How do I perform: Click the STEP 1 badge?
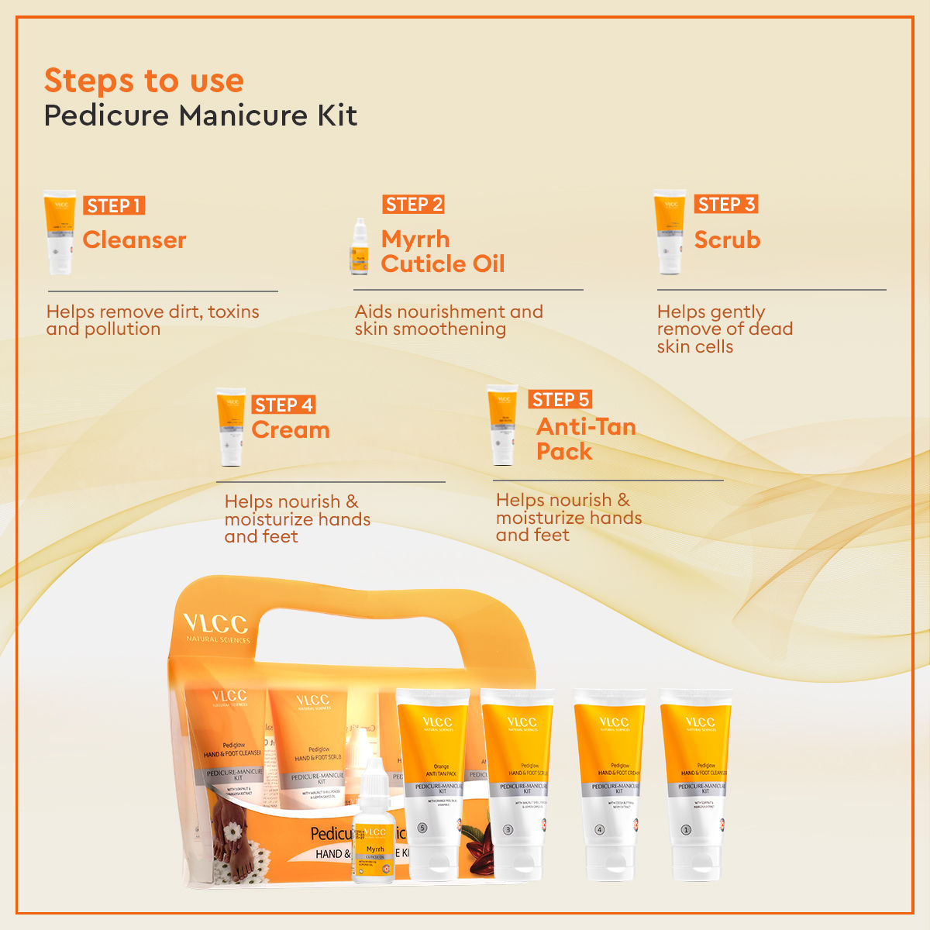(x=114, y=205)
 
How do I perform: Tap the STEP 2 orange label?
(x=414, y=205)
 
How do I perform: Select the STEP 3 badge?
(x=725, y=205)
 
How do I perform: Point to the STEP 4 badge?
(x=284, y=405)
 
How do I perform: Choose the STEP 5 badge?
(x=560, y=399)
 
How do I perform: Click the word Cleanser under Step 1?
(x=134, y=240)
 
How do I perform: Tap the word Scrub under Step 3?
(x=727, y=240)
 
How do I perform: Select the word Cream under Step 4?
(x=291, y=430)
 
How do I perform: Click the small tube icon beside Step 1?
(x=60, y=232)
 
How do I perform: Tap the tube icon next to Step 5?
(x=502, y=425)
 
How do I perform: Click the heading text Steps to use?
(x=144, y=81)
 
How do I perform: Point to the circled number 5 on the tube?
(x=422, y=828)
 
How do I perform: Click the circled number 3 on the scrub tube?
(x=508, y=829)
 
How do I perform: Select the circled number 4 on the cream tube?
(x=599, y=829)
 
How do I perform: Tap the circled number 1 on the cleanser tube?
(x=685, y=829)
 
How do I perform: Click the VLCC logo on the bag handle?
(x=215, y=624)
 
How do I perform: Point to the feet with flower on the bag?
(x=229, y=841)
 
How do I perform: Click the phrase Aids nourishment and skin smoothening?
(x=449, y=320)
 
